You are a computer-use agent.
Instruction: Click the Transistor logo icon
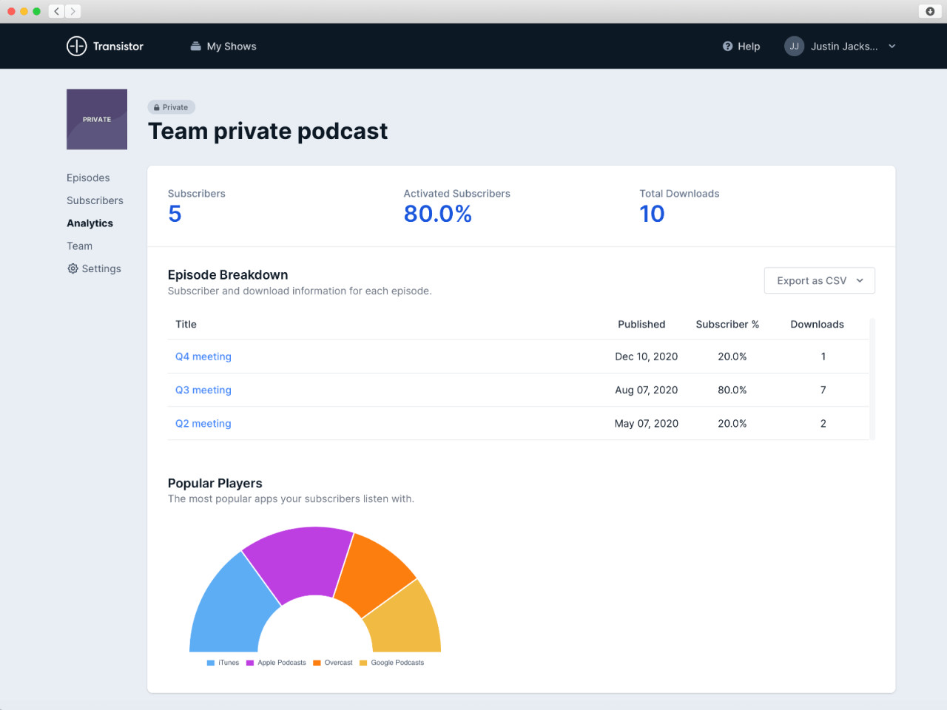pyautogui.click(x=77, y=46)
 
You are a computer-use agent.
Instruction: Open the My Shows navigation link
pyautogui.click(x=223, y=46)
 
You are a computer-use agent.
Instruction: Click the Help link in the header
pyautogui.click(x=741, y=46)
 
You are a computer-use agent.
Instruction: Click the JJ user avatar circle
pyautogui.click(x=794, y=46)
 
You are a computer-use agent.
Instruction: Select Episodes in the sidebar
pyautogui.click(x=88, y=177)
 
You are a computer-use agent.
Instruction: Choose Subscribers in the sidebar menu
pyautogui.click(x=95, y=200)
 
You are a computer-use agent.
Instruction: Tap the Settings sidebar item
pyautogui.click(x=94, y=268)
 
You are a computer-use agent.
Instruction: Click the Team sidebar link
pyautogui.click(x=79, y=246)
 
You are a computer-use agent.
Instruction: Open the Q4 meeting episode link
pyautogui.click(x=203, y=356)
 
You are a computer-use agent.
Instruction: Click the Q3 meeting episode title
pyautogui.click(x=203, y=390)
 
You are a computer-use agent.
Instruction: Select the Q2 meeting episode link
pyautogui.click(x=203, y=423)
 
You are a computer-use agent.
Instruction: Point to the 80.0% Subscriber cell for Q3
pyautogui.click(x=732, y=390)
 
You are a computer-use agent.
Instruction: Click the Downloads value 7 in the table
pyautogui.click(x=823, y=390)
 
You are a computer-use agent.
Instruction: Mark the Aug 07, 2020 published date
pyautogui.click(x=646, y=390)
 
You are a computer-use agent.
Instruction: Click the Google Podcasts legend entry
pyautogui.click(x=392, y=663)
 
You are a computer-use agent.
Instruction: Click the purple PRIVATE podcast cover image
pyautogui.click(x=97, y=119)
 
